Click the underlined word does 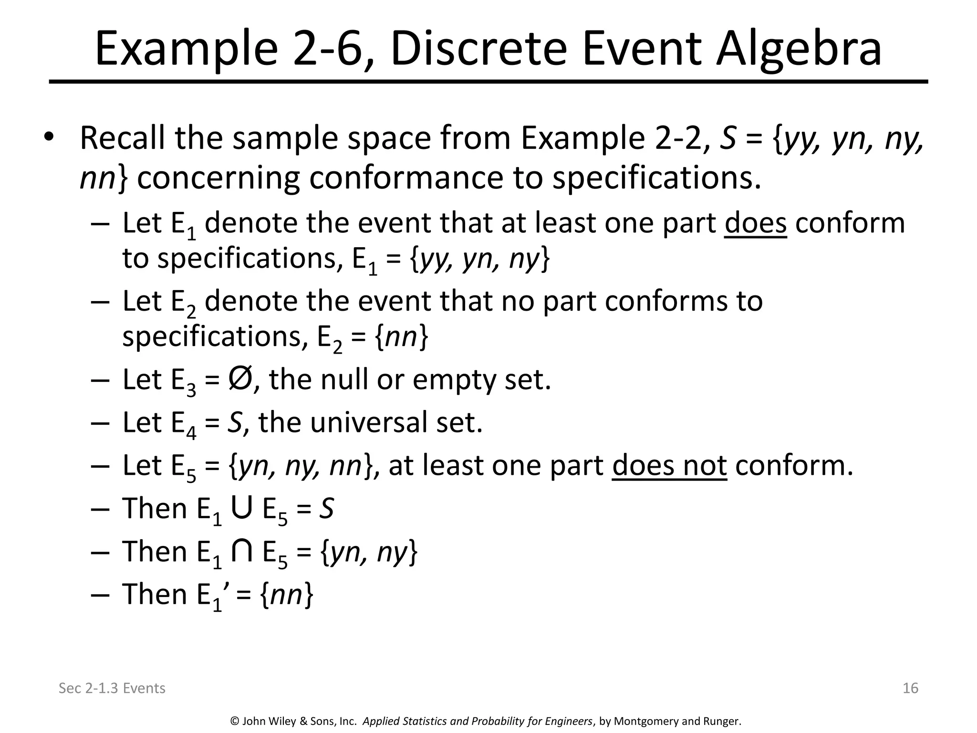point(755,223)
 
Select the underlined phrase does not point(669,465)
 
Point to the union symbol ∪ point(241,508)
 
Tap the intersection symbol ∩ point(241,551)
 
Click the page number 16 point(910,688)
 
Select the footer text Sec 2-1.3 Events point(112,688)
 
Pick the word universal point(367,423)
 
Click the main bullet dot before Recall point(49,137)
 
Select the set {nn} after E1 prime point(287,595)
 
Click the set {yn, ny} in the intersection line point(369,552)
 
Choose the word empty point(453,380)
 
